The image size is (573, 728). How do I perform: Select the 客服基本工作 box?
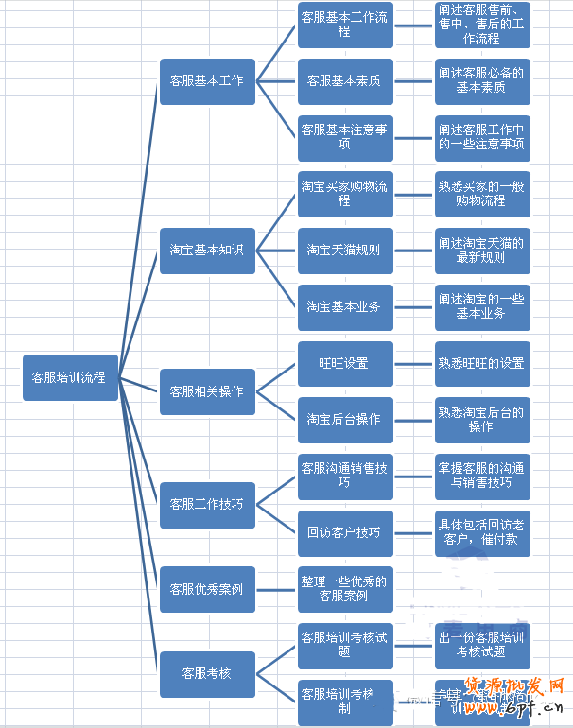(206, 81)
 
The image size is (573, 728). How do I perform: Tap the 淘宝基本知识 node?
(206, 251)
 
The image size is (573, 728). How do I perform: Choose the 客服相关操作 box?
(206, 391)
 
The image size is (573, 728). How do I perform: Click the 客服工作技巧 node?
(206, 504)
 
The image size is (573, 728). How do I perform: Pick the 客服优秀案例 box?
(206, 589)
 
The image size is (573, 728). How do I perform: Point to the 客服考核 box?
(206, 673)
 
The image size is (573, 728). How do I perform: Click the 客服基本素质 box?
(344, 81)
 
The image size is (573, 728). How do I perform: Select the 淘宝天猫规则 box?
(344, 251)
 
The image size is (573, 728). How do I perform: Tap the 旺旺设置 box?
(344, 363)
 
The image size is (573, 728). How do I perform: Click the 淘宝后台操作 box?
(344, 419)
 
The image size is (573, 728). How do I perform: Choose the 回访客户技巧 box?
(344, 532)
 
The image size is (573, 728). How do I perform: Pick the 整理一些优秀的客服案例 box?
(344, 589)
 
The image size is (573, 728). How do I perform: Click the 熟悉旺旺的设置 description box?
(481, 363)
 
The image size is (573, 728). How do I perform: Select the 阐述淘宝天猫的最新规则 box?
(481, 251)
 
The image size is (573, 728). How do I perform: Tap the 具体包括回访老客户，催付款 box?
(481, 532)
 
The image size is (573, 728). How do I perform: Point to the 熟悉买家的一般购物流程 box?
(481, 194)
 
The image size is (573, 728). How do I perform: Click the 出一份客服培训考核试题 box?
(481, 645)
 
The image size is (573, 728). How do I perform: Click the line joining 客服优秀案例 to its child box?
(276, 589)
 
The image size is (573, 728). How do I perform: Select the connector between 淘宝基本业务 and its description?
(413, 306)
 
